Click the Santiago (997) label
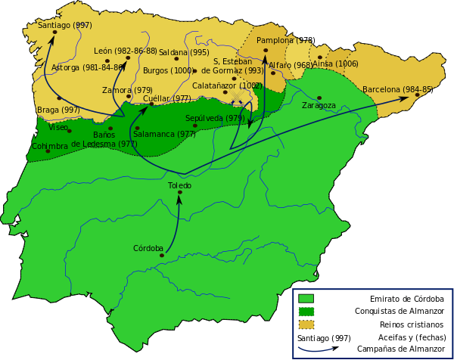(64, 25)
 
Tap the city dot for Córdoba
(162, 256)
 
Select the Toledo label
(179, 185)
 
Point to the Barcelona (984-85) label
(396, 89)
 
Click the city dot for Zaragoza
(319, 98)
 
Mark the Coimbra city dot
(48, 151)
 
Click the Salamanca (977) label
(164, 134)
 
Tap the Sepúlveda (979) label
(215, 118)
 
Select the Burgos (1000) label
(168, 71)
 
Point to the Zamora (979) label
(127, 90)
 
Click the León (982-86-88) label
(126, 51)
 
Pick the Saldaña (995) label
(184, 52)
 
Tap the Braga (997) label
(58, 110)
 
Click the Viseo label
(58, 127)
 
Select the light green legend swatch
(306, 298)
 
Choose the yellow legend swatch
(306, 324)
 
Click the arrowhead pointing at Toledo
(179, 200)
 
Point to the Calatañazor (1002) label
(227, 85)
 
